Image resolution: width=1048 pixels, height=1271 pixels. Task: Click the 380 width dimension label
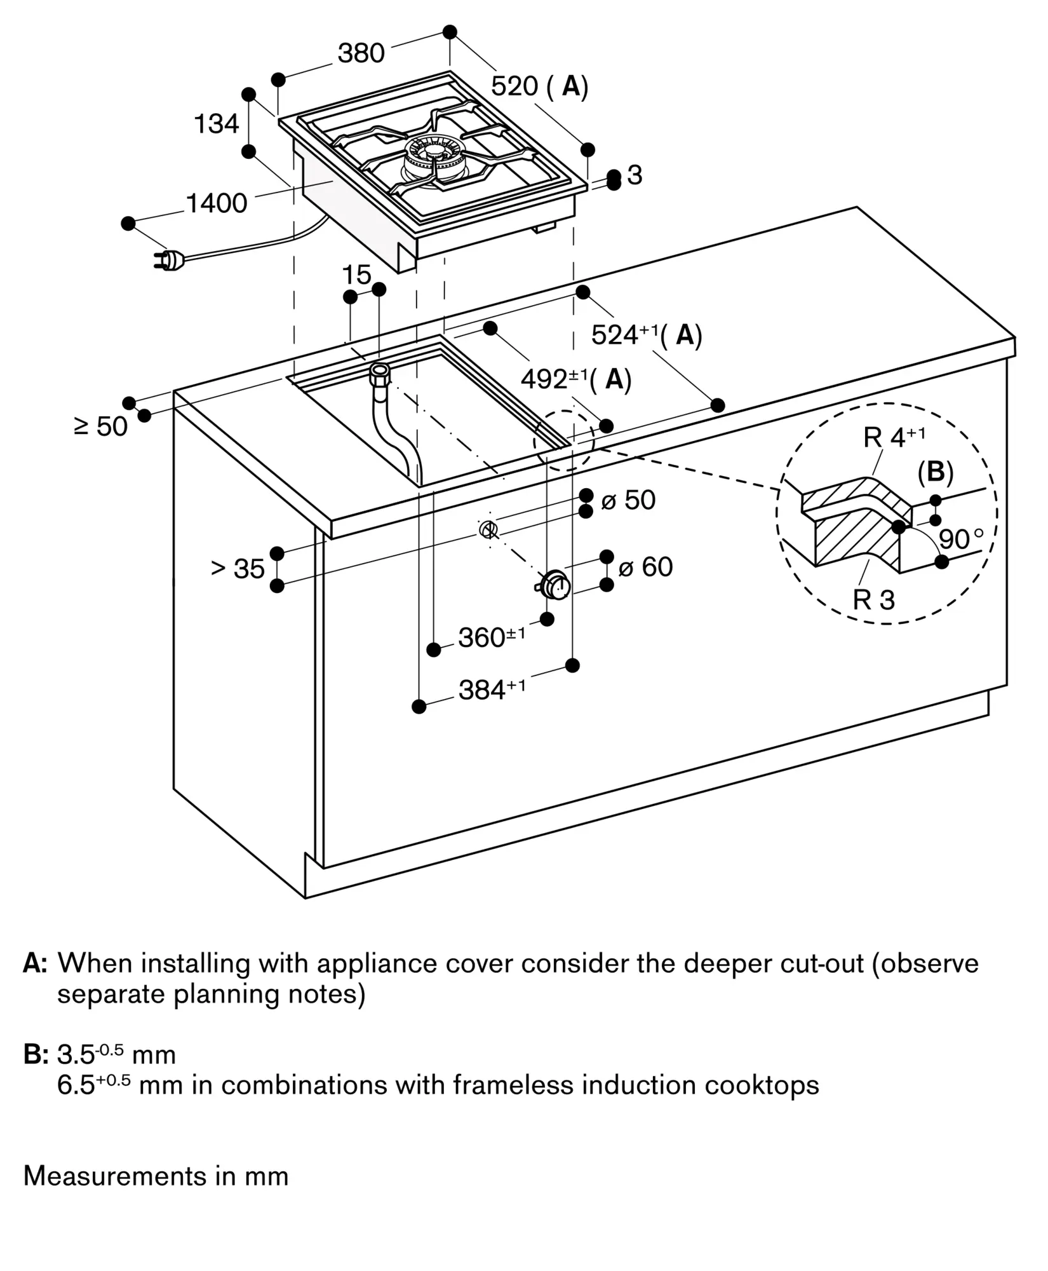361,53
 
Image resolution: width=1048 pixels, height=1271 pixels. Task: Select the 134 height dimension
216,123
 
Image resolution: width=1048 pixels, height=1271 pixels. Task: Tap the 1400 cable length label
216,203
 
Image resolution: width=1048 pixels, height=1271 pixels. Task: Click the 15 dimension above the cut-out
356,275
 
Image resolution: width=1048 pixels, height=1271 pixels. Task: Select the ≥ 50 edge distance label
101,426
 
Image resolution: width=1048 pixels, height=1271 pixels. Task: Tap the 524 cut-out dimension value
615,335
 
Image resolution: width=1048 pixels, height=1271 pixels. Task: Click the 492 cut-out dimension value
545,379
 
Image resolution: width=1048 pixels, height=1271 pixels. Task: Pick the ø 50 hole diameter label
628,500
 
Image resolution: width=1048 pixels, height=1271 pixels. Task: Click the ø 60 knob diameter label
645,567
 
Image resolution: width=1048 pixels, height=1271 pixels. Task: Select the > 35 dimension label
238,569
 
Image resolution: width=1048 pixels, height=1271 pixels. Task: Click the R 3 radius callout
873,599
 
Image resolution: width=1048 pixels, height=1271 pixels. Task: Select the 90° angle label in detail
961,540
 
